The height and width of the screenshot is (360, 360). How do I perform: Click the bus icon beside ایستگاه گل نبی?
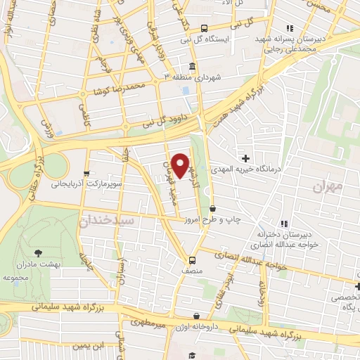204,29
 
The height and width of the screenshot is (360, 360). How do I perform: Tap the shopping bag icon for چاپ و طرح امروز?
213,209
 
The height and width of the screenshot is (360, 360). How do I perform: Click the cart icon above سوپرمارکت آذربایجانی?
86,173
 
